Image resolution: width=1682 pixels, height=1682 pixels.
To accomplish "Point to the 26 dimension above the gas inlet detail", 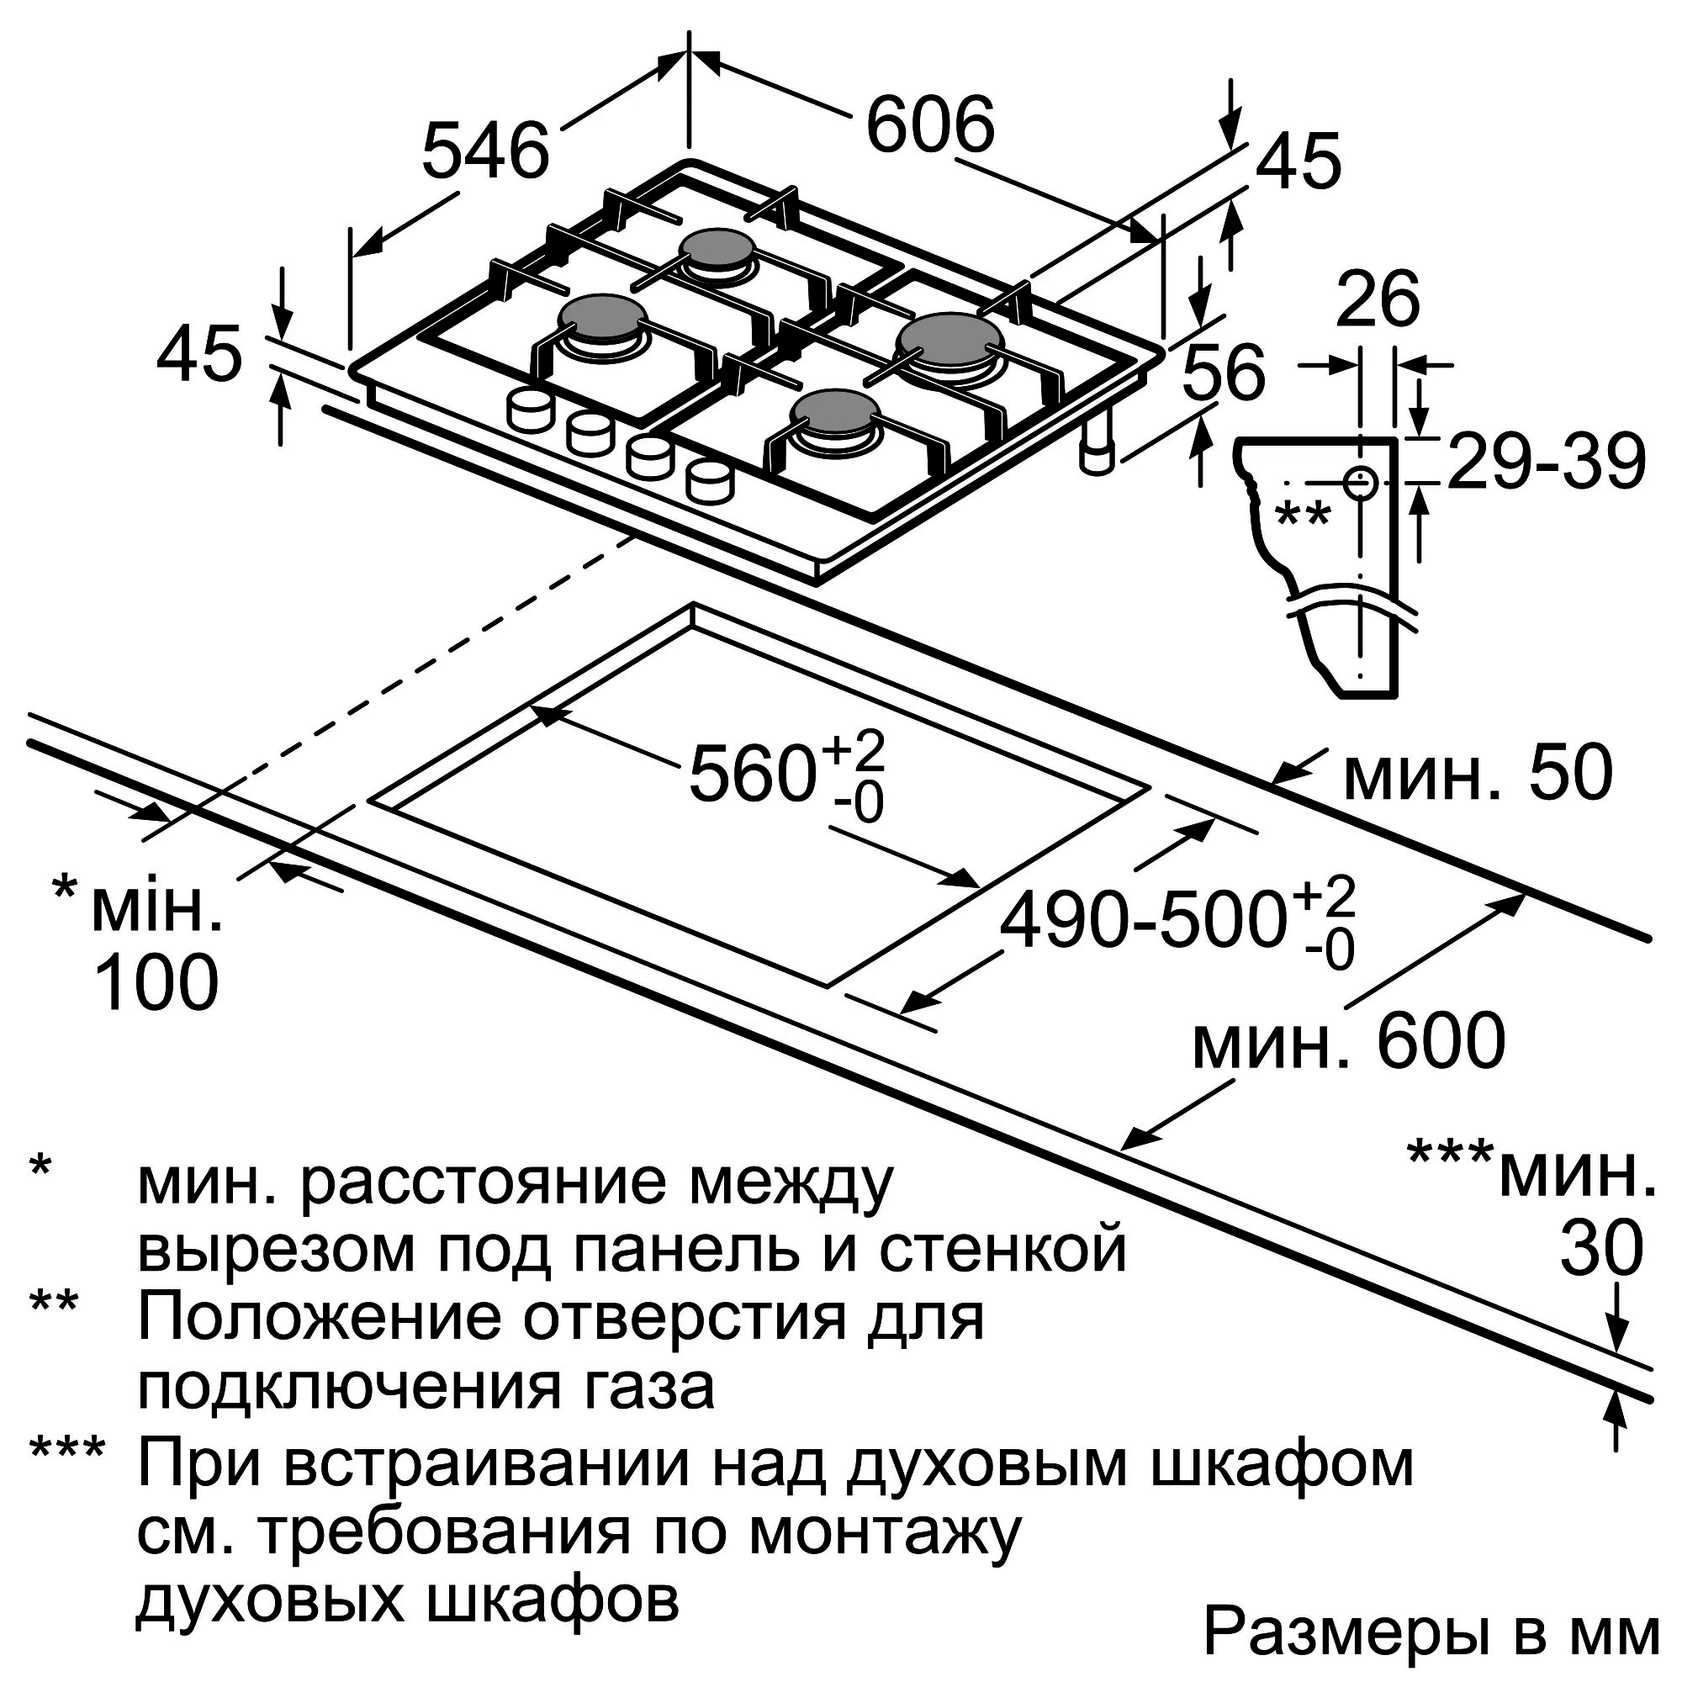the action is click(x=1377, y=301).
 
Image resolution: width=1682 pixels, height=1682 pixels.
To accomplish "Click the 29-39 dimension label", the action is click(x=1544, y=463).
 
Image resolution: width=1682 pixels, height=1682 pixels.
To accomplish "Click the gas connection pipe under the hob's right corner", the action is click(x=1097, y=447).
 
